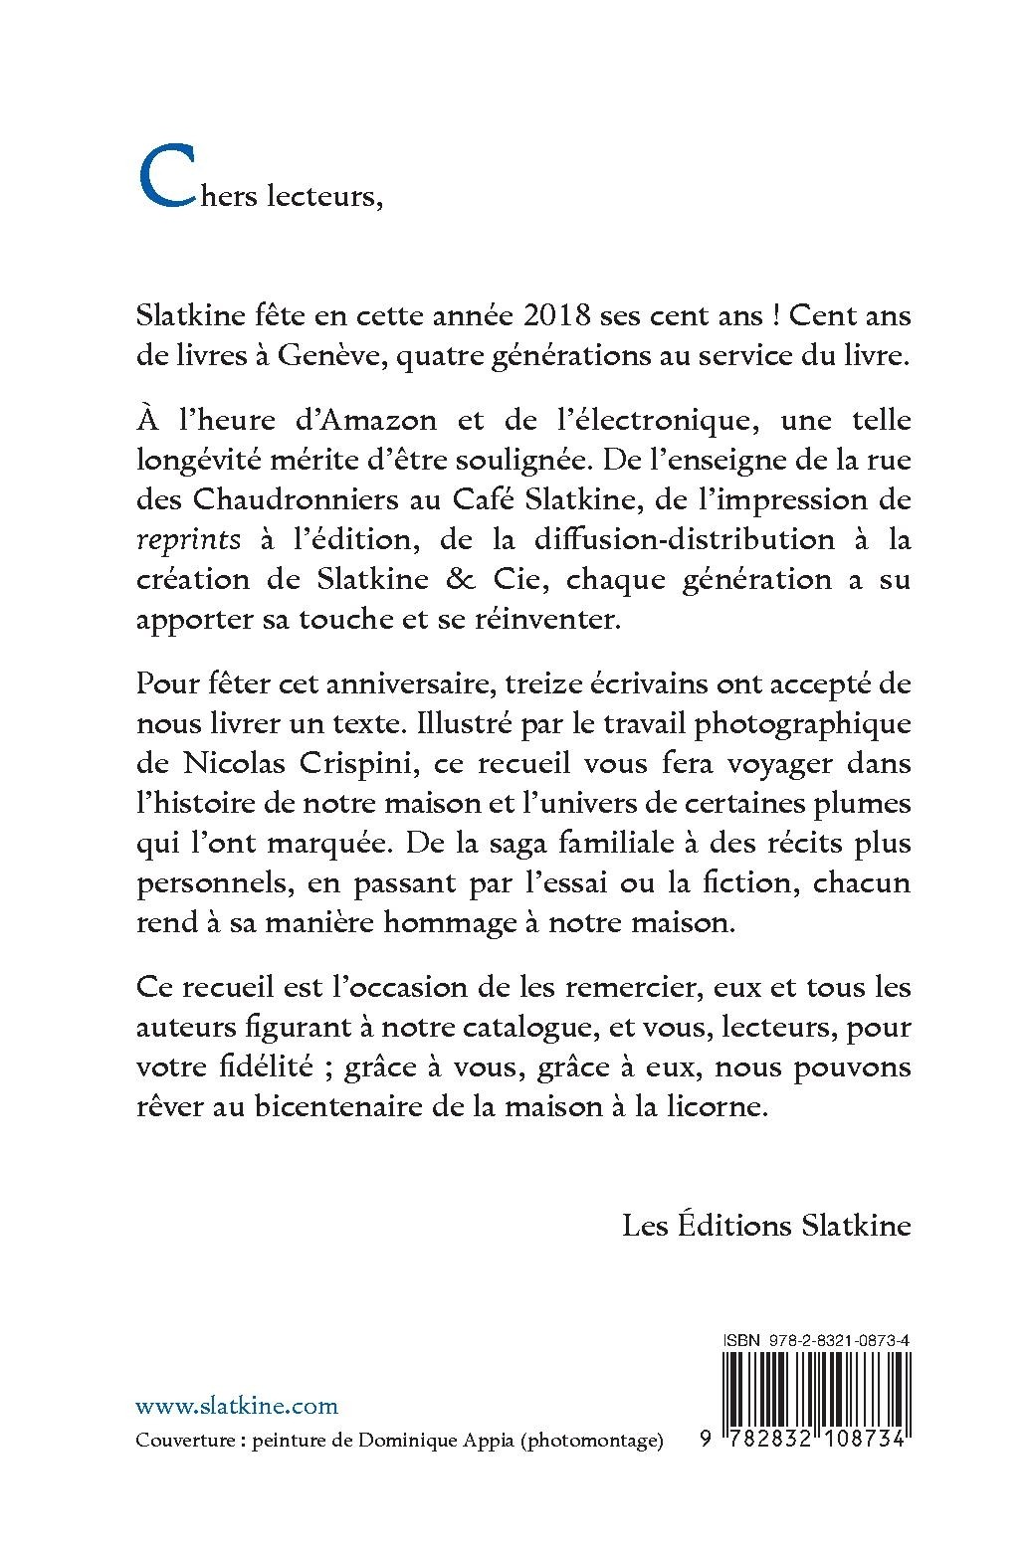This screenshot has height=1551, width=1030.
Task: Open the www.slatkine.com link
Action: coord(236,1406)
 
